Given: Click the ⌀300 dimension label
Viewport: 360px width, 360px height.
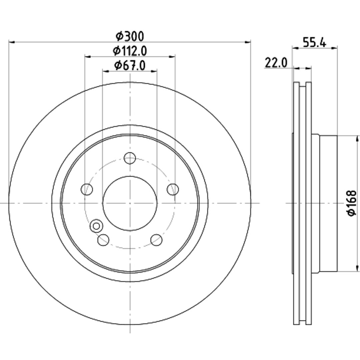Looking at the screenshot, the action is [130, 36].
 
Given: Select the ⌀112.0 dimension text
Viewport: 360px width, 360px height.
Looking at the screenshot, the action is [130, 51].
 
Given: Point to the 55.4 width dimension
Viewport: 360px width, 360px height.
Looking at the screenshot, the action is [314, 42].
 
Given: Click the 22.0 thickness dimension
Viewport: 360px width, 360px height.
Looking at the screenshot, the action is [276, 63].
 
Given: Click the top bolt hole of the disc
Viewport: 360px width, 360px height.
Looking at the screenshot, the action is [130, 158].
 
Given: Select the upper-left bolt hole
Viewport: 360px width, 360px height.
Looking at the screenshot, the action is [87, 189].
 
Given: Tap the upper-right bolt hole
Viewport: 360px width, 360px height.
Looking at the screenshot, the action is [173, 189].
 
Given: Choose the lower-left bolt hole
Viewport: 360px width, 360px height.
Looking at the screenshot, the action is [103, 240].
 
